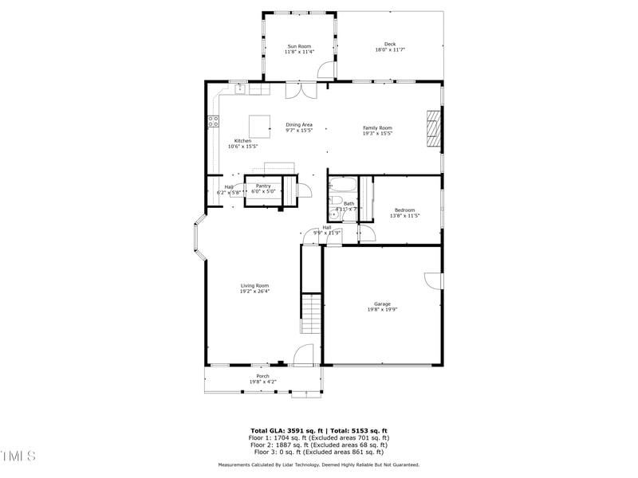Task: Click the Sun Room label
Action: tap(299, 46)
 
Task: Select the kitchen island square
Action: tap(259, 126)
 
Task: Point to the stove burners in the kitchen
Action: tap(213, 122)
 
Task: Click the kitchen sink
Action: tap(239, 88)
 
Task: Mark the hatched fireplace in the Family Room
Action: tap(432, 129)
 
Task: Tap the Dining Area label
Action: tap(299, 124)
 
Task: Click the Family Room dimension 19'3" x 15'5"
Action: tap(377, 133)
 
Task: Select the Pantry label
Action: tap(263, 186)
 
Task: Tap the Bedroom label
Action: tap(404, 210)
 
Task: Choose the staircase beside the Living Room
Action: tap(310, 315)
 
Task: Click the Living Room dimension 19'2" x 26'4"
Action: tap(255, 292)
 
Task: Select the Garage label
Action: tap(383, 304)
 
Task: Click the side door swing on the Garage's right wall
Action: tap(434, 281)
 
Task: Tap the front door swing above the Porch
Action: tap(303, 355)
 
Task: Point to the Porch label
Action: tap(262, 376)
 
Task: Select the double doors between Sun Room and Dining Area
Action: tap(301, 90)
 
